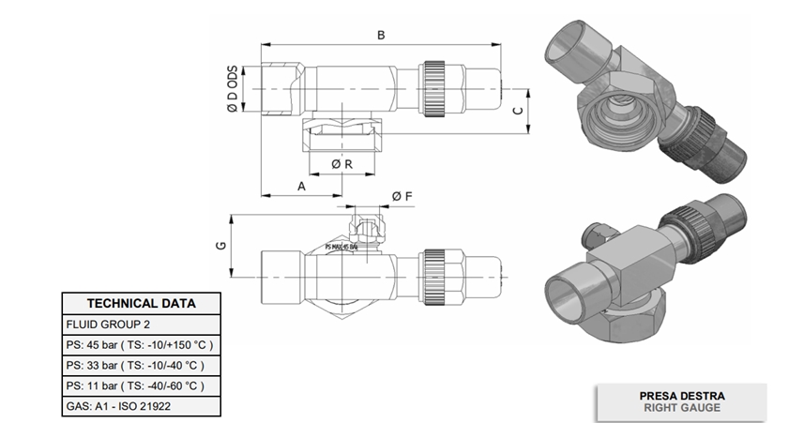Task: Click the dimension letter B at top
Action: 380,35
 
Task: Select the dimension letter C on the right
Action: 517,112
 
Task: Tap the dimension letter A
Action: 301,187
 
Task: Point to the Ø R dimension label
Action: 341,164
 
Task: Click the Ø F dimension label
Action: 401,196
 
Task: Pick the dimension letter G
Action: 220,246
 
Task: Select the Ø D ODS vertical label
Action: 232,90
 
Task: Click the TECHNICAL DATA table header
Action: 141,304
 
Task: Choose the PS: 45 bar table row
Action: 141,344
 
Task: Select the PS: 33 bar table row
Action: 134,365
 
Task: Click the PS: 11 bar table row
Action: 134,385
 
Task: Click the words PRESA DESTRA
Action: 681,396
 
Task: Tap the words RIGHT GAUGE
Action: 681,409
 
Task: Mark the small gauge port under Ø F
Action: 361,228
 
